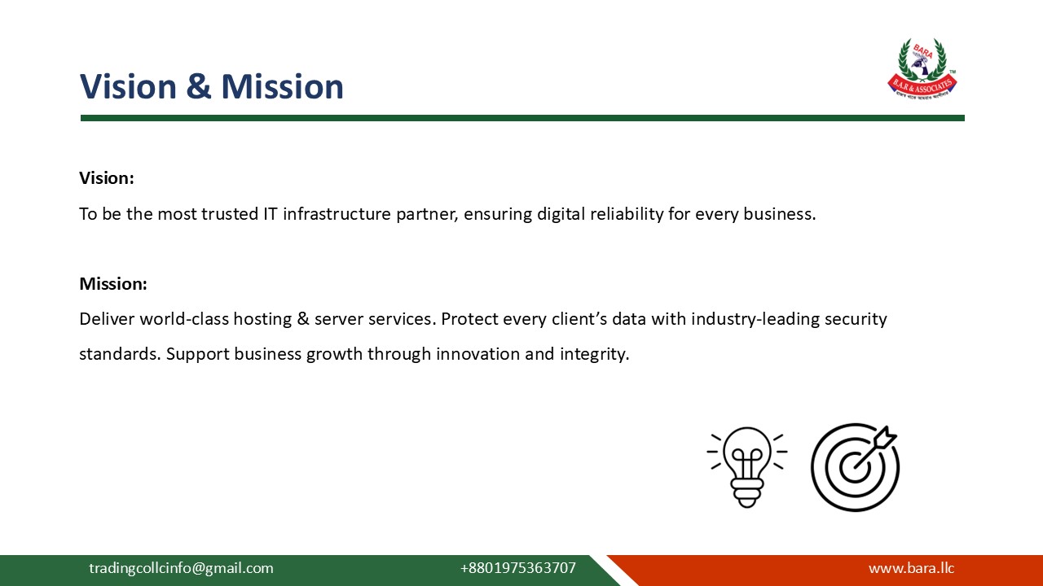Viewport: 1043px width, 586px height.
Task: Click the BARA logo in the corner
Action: (922, 69)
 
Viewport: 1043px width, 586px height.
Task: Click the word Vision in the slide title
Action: (128, 87)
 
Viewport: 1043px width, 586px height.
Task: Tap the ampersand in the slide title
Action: (198, 87)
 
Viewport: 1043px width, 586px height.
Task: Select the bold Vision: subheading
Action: (107, 178)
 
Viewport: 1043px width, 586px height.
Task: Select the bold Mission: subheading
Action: (113, 284)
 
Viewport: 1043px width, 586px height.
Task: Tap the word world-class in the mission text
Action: (184, 319)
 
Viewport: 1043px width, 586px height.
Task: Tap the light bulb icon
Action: (746, 466)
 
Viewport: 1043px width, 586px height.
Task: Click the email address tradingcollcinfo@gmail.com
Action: (181, 568)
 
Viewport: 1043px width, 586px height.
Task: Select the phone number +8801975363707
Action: (517, 568)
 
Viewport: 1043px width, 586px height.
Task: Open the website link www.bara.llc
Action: (911, 568)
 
